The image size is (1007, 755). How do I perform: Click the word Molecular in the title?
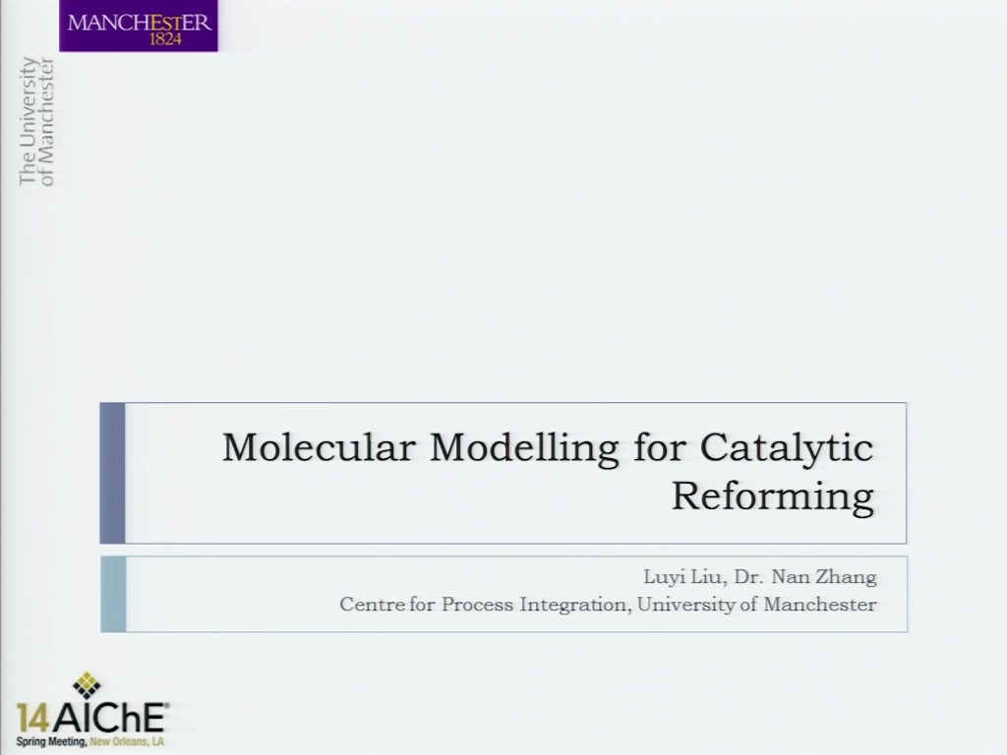[319, 447]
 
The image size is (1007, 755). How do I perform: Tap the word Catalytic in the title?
[787, 448]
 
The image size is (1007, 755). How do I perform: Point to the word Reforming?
[773, 496]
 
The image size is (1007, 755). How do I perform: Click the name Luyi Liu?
[684, 577]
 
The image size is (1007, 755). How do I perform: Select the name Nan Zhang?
[824, 577]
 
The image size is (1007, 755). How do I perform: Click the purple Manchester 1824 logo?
[139, 26]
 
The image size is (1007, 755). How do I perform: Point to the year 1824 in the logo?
[165, 39]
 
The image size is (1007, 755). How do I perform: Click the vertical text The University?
[27, 121]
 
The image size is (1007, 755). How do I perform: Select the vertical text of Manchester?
[47, 122]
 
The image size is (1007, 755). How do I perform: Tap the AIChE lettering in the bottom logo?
[109, 718]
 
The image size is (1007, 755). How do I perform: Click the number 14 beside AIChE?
[32, 718]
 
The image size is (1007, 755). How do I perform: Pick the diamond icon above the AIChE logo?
[87, 685]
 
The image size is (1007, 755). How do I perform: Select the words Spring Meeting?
[51, 742]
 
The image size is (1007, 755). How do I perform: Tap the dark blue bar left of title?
[112, 473]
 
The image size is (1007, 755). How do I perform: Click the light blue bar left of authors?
[113, 595]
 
